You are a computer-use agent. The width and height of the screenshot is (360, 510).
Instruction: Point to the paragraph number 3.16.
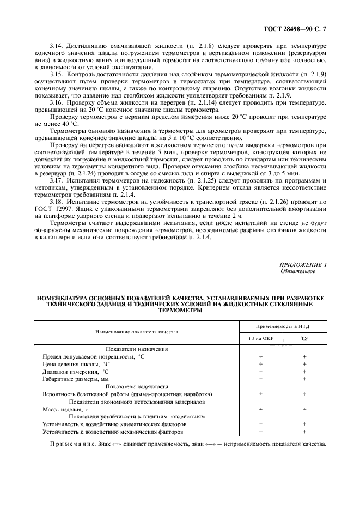[x=57, y=102]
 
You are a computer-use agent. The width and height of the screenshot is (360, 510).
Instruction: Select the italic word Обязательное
[x=297, y=271]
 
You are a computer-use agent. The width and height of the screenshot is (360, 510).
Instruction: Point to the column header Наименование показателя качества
[x=137, y=331]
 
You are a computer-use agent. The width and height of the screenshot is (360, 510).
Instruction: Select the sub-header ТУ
[x=304, y=338]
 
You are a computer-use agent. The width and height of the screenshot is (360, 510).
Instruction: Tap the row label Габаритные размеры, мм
[x=79, y=378]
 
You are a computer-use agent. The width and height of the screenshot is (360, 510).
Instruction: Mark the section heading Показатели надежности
[x=137, y=386]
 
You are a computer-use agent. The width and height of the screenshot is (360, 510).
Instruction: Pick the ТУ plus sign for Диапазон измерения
[x=304, y=371]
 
